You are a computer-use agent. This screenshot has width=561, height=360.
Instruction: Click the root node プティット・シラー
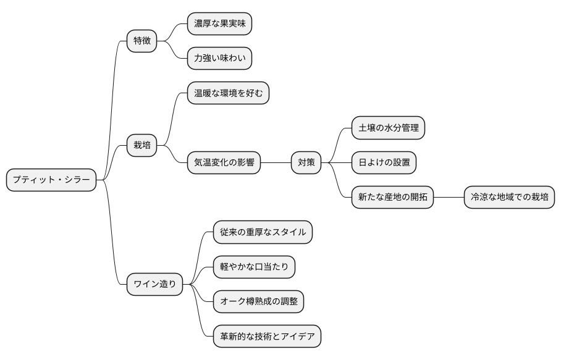[51, 180]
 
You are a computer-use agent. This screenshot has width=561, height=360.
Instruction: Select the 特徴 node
[141, 41]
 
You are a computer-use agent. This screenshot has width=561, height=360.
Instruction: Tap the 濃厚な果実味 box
[219, 24]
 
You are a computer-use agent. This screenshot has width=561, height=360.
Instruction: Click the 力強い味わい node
[219, 59]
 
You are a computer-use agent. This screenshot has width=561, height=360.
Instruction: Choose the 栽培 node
[141, 146]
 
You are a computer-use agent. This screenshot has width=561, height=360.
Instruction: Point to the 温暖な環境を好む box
[228, 93]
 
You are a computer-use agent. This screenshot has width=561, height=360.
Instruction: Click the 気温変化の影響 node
[224, 163]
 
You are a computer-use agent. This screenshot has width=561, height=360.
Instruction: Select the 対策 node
[306, 163]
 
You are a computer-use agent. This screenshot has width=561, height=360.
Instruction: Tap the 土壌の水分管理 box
[389, 128]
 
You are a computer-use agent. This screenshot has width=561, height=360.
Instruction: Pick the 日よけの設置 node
[384, 163]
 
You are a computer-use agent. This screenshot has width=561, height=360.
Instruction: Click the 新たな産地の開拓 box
[392, 198]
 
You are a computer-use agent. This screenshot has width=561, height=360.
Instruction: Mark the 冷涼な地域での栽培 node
[509, 198]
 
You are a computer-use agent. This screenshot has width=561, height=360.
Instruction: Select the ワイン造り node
[154, 285]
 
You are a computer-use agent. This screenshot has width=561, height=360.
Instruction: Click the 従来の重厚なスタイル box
[263, 232]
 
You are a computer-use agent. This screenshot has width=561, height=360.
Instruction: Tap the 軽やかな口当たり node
[254, 267]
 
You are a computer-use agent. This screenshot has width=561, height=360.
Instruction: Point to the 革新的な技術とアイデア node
[267, 337]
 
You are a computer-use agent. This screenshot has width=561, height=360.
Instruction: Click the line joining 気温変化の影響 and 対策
[276, 163]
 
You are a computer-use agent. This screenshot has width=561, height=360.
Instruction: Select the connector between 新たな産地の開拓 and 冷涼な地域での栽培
[449, 198]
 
